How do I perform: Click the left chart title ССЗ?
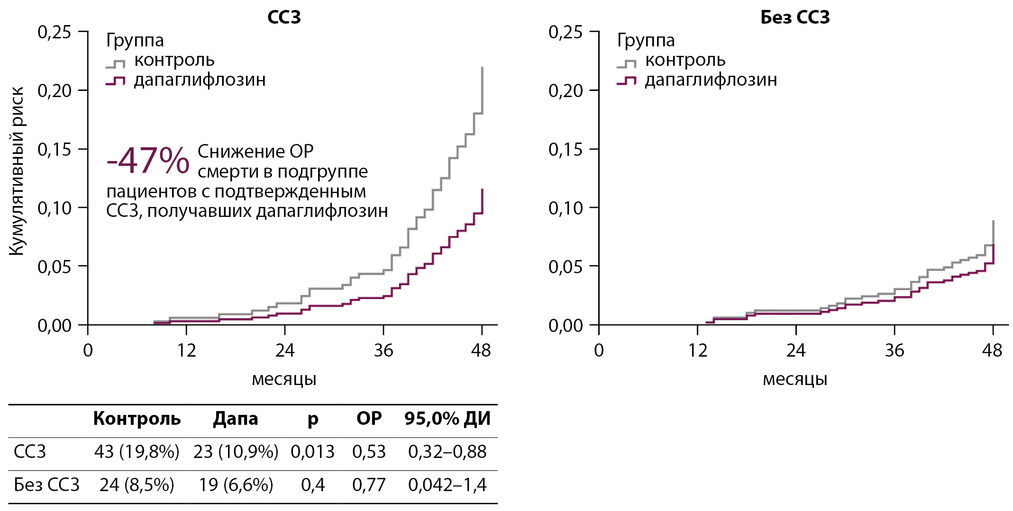(x=284, y=18)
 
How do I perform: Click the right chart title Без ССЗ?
(x=795, y=18)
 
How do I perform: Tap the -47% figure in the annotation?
(x=148, y=161)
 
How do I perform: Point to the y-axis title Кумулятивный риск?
(x=17, y=171)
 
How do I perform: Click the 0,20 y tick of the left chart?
(x=54, y=90)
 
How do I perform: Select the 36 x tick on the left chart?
(x=383, y=350)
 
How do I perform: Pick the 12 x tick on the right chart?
(x=697, y=350)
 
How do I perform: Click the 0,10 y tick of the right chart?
(x=565, y=207)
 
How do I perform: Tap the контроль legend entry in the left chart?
(x=174, y=60)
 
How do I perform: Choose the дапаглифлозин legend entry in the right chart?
(x=711, y=80)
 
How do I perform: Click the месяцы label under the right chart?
(x=795, y=379)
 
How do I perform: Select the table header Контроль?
(x=137, y=419)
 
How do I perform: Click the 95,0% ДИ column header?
(x=447, y=419)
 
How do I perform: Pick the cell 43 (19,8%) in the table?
(x=137, y=452)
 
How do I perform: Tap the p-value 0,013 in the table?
(x=312, y=452)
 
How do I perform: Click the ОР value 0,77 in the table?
(x=369, y=485)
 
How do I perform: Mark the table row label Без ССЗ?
(x=46, y=485)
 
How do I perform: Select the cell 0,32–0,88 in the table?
(x=447, y=452)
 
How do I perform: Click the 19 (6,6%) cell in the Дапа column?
(x=236, y=485)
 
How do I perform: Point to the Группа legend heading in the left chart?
(x=135, y=40)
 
